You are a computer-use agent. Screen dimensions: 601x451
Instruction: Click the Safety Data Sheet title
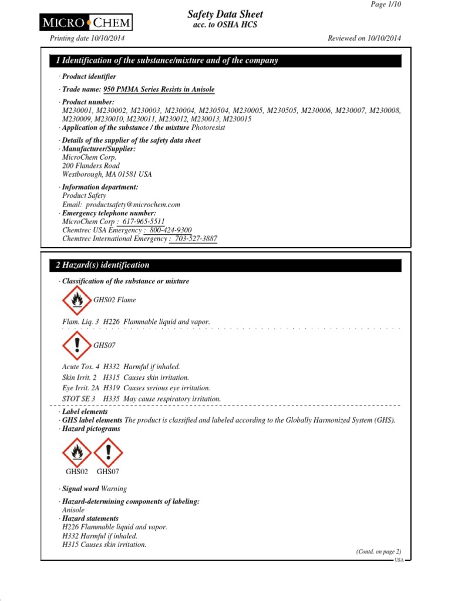click(225, 14)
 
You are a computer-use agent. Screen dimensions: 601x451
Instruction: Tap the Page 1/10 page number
click(386, 4)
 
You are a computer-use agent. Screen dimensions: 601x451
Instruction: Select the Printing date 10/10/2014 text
click(86, 38)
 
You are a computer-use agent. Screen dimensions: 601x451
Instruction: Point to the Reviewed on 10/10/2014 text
click(364, 38)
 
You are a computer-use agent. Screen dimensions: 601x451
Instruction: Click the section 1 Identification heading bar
click(221, 60)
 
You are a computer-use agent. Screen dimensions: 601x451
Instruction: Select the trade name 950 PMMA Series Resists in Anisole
click(159, 90)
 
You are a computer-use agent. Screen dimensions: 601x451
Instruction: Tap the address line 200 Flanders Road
click(90, 166)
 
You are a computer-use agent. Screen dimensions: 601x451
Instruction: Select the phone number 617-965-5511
click(142, 222)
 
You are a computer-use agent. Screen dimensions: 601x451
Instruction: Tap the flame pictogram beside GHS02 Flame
click(76, 300)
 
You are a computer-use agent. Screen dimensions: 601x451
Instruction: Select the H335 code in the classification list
click(111, 399)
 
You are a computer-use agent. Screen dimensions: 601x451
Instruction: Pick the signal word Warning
click(114, 489)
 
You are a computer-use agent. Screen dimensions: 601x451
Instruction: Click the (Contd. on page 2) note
click(378, 552)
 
